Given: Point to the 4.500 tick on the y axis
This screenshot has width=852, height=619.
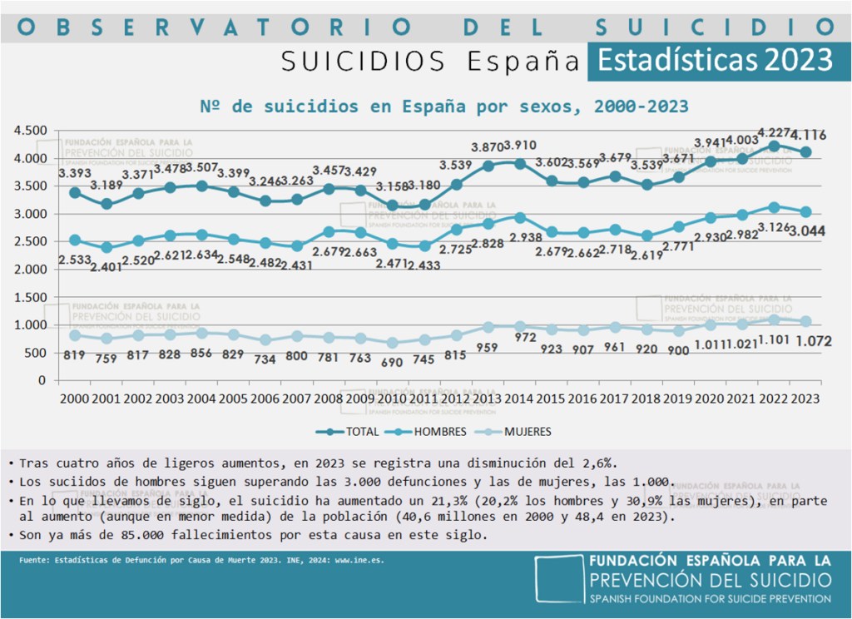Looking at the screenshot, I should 30,131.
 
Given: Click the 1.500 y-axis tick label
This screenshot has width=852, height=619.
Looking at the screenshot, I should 30,297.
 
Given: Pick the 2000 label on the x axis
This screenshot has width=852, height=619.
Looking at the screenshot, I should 75,399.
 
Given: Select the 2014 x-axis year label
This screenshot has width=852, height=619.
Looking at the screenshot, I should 519,399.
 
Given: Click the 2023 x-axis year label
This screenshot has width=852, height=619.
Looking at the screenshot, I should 805,399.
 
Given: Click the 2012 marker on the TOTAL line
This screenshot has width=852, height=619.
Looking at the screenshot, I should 456,184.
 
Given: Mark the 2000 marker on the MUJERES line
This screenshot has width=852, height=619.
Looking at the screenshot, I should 75,334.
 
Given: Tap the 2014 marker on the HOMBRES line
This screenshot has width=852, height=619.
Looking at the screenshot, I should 519,217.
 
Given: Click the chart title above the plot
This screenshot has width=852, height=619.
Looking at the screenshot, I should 444,106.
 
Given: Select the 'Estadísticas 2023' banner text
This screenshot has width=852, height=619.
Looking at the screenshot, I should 715,60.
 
